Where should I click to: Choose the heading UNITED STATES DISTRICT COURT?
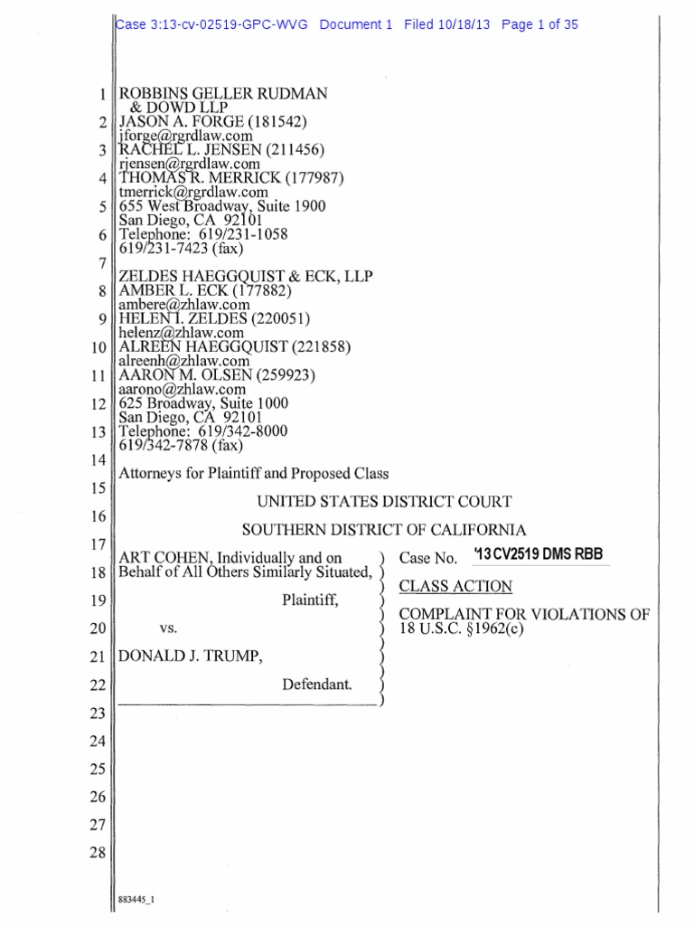point(385,501)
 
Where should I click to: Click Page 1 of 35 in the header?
point(539,25)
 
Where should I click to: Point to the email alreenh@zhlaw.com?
point(184,360)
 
